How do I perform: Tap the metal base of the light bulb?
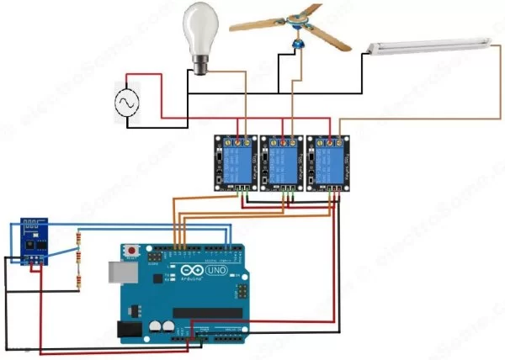point(200,67)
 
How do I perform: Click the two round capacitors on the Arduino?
point(162,326)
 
